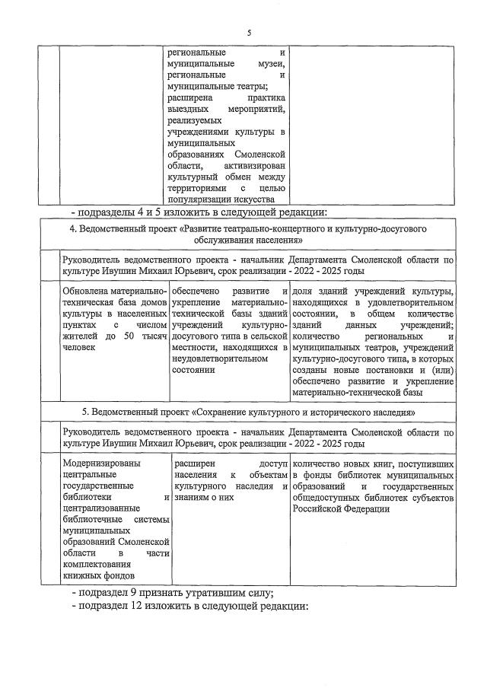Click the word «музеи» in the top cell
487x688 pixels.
pyautogui.click(x=270, y=65)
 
